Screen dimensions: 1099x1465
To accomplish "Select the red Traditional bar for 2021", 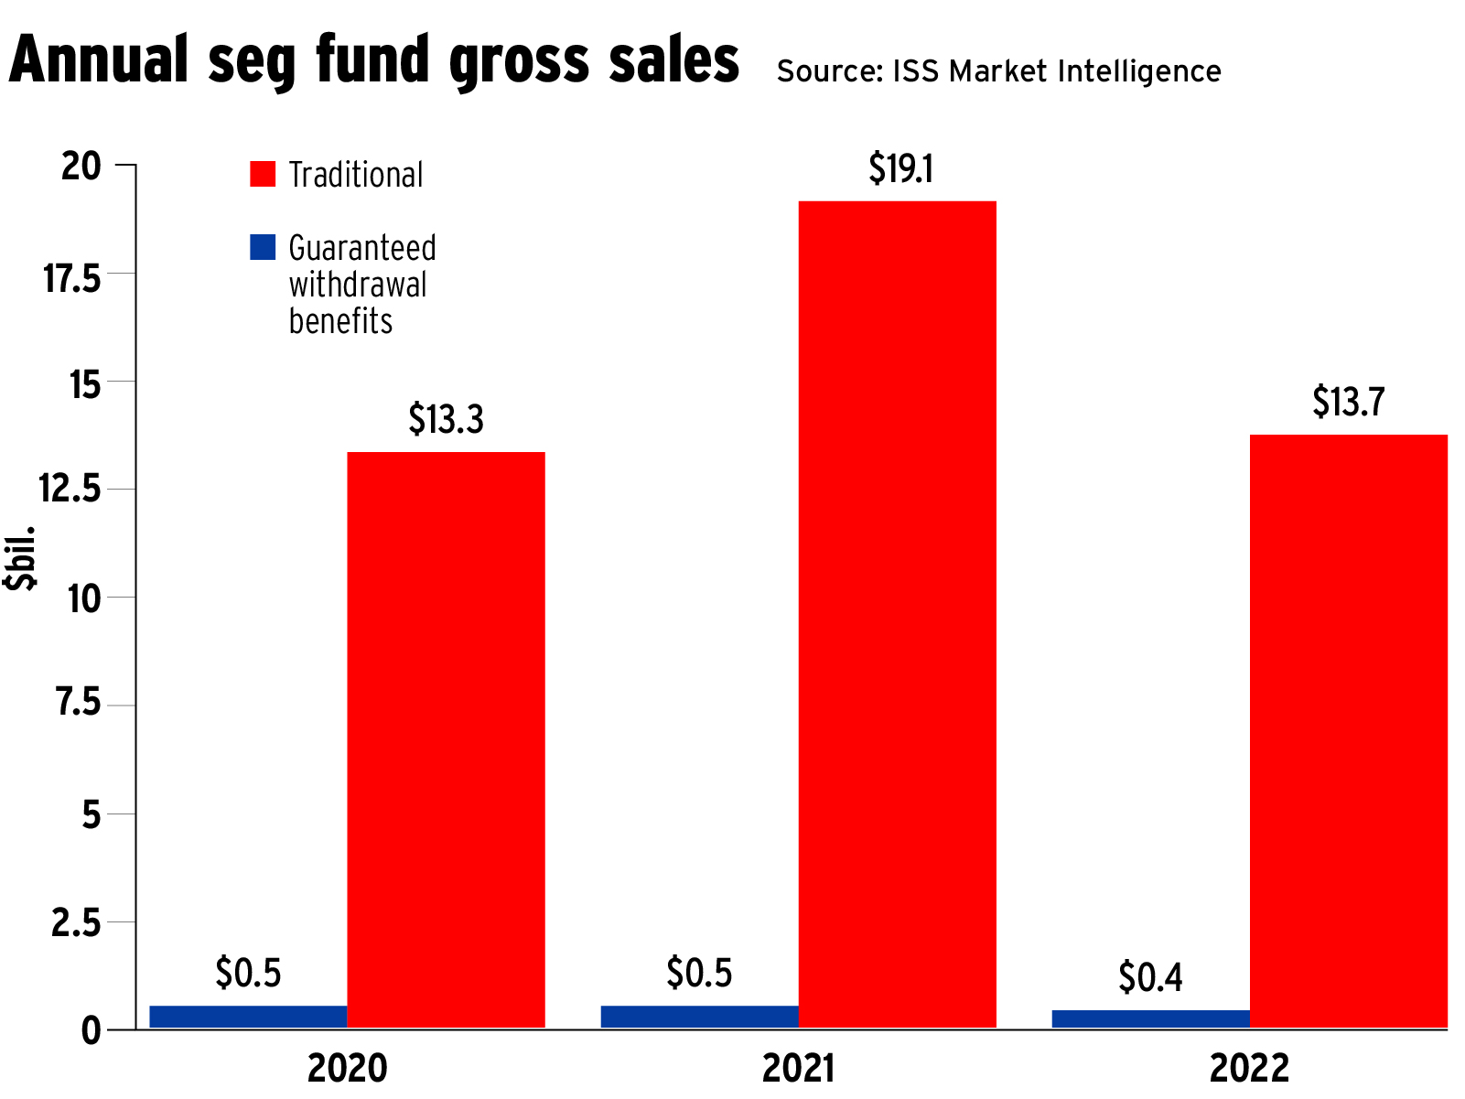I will tap(897, 614).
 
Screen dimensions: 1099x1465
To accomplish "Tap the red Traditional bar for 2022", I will tap(1348, 731).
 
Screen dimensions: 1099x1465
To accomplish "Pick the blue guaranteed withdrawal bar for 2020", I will tap(248, 1017).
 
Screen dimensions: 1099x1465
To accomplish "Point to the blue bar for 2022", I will tap(1150, 1018).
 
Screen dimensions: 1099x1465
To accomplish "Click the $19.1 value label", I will tap(900, 169).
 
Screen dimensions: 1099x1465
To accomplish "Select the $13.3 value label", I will tap(446, 419).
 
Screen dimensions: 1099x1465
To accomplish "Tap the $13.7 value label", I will tap(1348, 402).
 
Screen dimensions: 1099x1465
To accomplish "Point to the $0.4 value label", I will tap(1150, 977).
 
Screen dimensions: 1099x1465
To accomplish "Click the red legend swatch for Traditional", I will tap(263, 174).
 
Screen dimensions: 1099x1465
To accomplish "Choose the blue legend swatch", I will tap(263, 247).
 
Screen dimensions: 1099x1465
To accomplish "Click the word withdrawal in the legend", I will tap(358, 285).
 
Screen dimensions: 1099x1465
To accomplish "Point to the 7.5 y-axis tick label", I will tap(78, 703).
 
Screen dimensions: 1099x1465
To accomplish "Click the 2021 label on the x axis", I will tap(798, 1068).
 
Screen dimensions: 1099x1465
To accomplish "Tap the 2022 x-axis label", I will tap(1249, 1068).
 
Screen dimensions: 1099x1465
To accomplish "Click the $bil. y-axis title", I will tap(20, 557).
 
